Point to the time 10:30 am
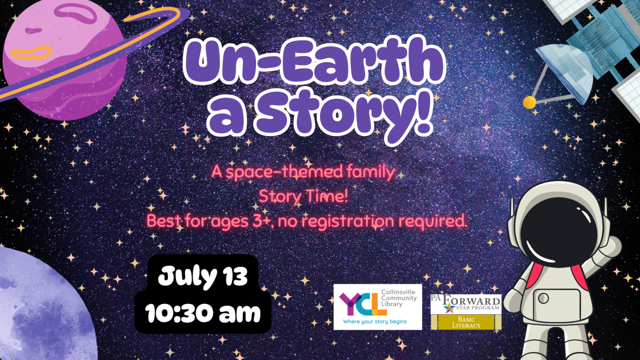(203, 313)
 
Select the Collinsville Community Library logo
(378, 307)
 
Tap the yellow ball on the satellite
(529, 101)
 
